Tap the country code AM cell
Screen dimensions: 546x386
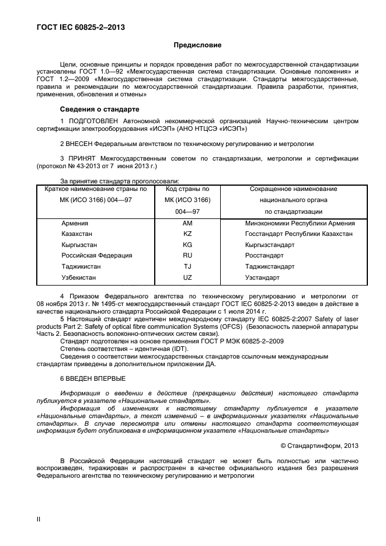click(187, 224)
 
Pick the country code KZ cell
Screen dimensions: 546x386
click(187, 234)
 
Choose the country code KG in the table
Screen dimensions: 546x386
click(187, 245)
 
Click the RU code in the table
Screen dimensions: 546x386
click(187, 256)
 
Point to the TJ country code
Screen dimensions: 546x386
click(187, 267)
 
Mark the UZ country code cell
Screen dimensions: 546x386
click(187, 277)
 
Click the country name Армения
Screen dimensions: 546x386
click(75, 224)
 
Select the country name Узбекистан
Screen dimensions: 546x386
click(79, 277)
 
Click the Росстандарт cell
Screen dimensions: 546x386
click(265, 256)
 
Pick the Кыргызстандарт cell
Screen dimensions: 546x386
click(270, 245)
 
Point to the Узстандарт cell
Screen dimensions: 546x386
click(263, 277)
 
